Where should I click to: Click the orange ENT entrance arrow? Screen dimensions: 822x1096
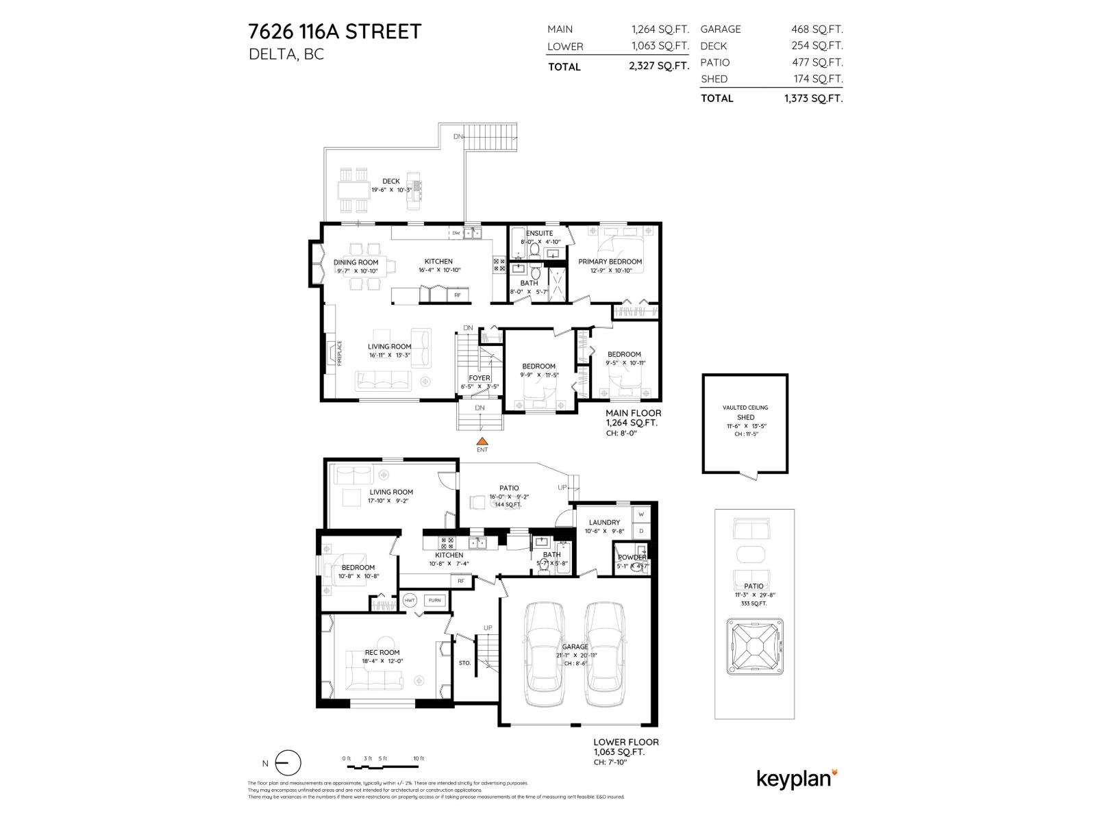tap(482, 442)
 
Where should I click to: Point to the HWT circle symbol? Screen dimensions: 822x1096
tap(410, 600)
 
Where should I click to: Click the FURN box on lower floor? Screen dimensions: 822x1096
tap(435, 600)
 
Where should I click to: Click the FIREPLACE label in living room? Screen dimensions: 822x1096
tap(339, 353)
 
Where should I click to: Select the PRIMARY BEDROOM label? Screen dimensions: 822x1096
tap(610, 262)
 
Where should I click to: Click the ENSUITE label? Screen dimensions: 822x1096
tap(540, 234)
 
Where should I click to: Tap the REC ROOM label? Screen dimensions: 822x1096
tap(382, 652)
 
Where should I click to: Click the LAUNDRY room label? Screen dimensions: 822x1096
tap(603, 522)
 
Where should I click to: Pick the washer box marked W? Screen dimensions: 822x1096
tap(641, 514)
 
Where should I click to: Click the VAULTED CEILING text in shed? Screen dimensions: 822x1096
tap(745, 408)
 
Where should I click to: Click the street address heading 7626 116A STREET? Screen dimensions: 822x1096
tap(334, 32)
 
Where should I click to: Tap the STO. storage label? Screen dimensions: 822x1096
tap(464, 663)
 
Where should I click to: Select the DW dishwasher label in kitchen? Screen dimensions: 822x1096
tap(456, 234)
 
